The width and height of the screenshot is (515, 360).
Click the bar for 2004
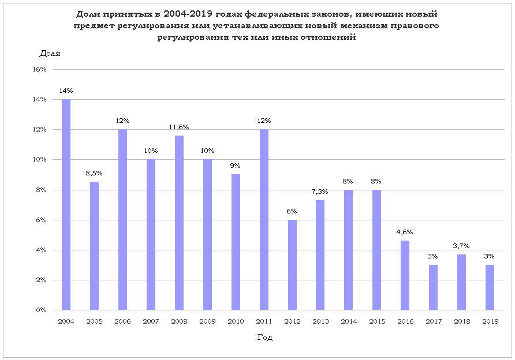tap(66, 205)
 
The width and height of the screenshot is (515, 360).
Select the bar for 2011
tap(264, 220)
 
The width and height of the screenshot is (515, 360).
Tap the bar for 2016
tap(405, 275)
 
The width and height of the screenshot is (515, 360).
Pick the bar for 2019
tap(490, 287)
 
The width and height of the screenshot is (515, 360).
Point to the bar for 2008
tap(179, 223)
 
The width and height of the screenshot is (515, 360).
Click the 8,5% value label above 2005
tap(94, 173)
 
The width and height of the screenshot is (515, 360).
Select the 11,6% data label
tap(179, 127)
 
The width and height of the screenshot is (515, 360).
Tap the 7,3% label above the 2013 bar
tap(320, 191)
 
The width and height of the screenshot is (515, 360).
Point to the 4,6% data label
tap(405, 232)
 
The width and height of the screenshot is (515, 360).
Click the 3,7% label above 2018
tap(461, 246)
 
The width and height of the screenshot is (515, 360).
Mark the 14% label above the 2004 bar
tap(66, 91)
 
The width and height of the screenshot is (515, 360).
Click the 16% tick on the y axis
tap(40, 69)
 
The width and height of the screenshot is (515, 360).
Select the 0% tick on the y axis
tap(42, 310)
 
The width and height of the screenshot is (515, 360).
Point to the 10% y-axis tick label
tap(40, 160)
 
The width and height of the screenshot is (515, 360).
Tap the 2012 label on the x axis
tap(292, 320)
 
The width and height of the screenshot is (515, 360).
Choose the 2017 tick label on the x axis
tap(433, 320)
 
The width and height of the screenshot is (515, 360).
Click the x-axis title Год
tap(265, 337)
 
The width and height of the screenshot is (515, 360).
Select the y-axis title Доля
tap(50, 54)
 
